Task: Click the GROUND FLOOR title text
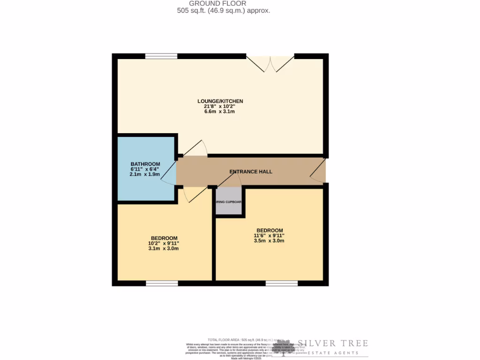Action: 224,3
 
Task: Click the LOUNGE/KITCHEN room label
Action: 220,101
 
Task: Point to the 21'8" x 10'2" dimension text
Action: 220,106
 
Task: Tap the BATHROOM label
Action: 145,164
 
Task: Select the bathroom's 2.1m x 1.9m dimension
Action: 145,174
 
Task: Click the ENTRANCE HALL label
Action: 251,172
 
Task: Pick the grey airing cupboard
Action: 228,202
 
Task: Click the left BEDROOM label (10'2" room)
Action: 164,238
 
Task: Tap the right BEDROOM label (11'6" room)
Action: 270,230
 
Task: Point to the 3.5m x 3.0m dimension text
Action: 270,240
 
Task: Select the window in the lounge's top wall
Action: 161,56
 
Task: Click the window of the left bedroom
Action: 162,283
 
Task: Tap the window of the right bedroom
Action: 282,283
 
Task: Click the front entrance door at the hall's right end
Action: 319,171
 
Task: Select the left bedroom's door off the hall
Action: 195,193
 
